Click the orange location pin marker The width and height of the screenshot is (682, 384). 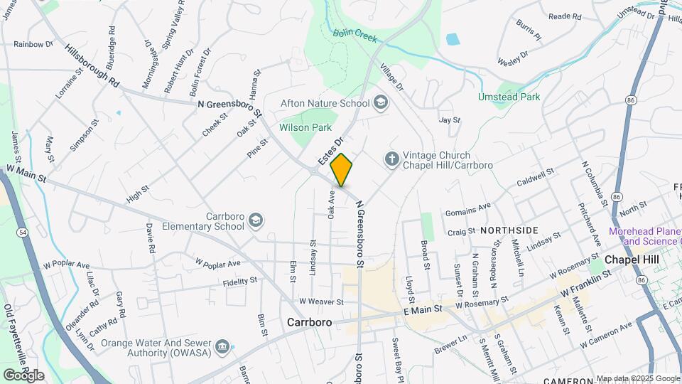coord(342,170)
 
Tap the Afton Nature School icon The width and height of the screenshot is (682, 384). coord(381,103)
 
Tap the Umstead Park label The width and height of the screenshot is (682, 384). coord(509,97)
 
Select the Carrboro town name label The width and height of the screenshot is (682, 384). coord(310,322)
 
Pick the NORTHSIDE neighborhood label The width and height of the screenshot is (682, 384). coord(509,230)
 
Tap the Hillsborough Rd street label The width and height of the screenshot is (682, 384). coord(92,66)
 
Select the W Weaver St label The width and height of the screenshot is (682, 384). coord(322,302)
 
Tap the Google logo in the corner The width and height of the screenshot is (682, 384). coord(23,375)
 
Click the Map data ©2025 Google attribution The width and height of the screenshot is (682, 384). coord(637,378)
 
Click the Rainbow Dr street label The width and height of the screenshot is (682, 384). coord(33,44)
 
